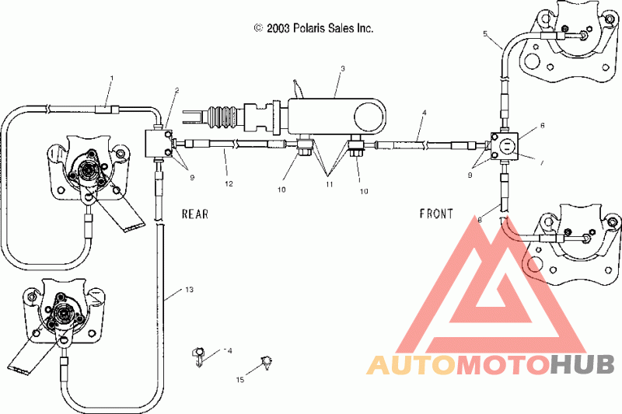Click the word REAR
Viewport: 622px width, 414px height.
[195, 214]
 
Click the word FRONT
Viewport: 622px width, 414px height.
[436, 214]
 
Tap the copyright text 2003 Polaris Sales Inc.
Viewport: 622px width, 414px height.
[320, 28]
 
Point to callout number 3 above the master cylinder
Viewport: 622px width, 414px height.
[343, 68]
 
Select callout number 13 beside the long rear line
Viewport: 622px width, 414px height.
[189, 290]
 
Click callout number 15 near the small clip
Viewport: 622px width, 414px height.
[240, 380]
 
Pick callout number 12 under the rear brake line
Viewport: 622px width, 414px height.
[229, 184]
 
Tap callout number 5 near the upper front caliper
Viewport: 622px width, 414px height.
[485, 33]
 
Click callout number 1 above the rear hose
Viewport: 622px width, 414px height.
[111, 78]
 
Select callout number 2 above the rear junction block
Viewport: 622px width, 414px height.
[177, 90]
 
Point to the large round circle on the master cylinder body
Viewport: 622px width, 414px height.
[369, 118]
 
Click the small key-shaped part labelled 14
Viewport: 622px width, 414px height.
[198, 357]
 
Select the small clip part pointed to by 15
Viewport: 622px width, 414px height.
[266, 363]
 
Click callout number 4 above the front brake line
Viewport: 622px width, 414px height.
[424, 113]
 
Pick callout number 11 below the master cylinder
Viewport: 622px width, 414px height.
[329, 184]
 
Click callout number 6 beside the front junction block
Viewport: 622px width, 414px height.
[542, 126]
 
